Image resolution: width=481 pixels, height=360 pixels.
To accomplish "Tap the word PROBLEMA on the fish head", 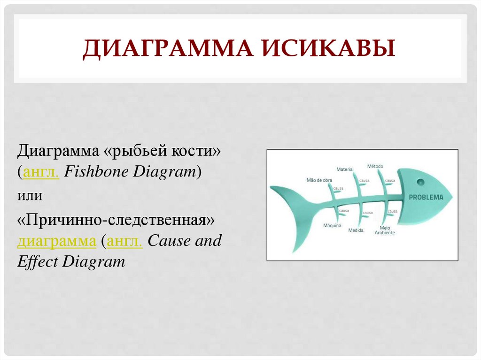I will point(426,197).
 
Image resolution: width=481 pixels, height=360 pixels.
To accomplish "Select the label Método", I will point(375,166).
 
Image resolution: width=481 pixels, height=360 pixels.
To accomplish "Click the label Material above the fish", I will point(345,169).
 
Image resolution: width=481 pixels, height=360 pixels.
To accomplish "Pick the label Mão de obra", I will point(319,180).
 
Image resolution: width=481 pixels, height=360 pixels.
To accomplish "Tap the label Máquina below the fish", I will point(332,226).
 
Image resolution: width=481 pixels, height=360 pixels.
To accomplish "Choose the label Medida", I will point(356,230).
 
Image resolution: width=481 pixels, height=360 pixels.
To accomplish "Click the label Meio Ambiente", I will point(385,230).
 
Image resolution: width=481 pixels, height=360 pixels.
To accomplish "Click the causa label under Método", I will point(390,180).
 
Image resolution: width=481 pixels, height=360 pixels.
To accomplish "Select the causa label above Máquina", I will point(343,211).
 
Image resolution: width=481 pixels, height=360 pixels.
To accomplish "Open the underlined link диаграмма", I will point(56,241).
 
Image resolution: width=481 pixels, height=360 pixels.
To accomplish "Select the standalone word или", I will point(30,195).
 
